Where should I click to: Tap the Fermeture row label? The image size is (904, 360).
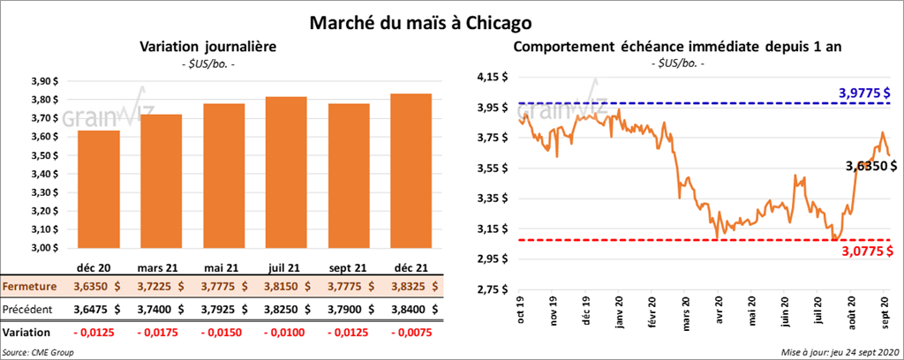point(31,287)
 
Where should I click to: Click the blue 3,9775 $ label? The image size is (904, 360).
point(863,93)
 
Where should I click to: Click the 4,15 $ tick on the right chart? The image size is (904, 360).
point(492,78)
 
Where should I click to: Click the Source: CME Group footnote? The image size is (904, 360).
point(38,352)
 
